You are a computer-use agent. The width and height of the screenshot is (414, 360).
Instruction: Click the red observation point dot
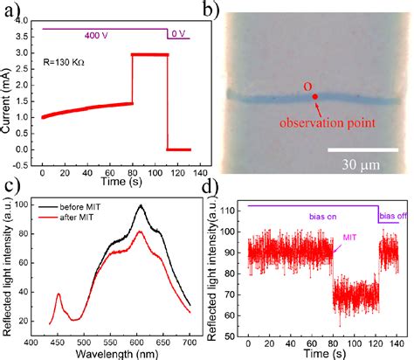(315, 97)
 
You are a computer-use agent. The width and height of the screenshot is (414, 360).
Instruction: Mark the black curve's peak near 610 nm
(140, 206)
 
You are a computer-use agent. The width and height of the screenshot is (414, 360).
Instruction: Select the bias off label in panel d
(393, 214)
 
